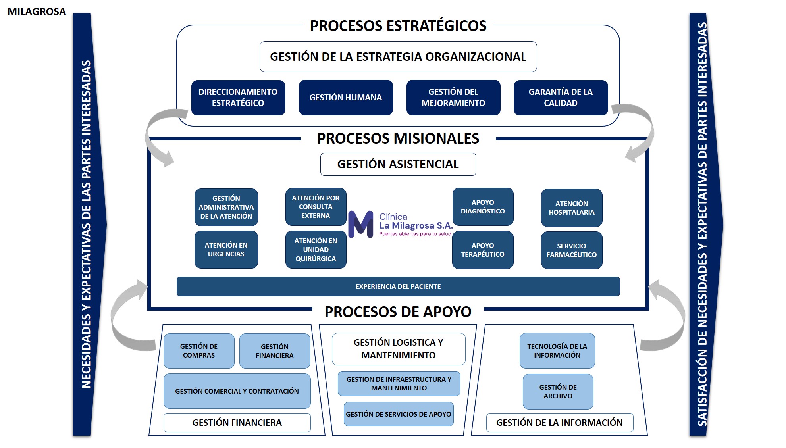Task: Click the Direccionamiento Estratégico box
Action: [x=238, y=98]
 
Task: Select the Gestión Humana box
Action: [x=346, y=98]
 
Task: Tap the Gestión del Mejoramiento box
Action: [x=453, y=98]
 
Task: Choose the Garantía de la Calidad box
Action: [x=561, y=98]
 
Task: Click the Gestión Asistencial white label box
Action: [x=398, y=164]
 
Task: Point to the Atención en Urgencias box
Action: [x=226, y=250]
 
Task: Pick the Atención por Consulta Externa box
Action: [x=316, y=207]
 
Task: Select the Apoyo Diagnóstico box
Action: [x=483, y=207]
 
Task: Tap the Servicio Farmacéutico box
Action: [x=572, y=250]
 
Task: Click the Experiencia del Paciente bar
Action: [x=398, y=286]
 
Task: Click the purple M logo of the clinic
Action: [x=361, y=224]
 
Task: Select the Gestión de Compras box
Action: [x=199, y=351]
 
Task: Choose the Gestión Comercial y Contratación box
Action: [x=237, y=391]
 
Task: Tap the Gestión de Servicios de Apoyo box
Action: [x=399, y=414]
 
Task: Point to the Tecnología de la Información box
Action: [x=557, y=351]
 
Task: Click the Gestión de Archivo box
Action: [x=558, y=392]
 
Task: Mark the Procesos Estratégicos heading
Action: [x=398, y=26]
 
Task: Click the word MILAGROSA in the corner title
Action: [x=37, y=12]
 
